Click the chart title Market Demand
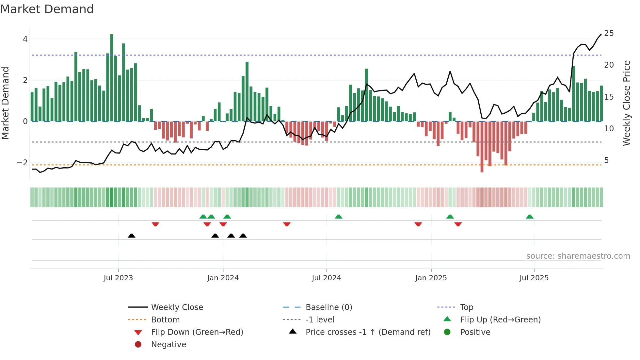click(47, 9)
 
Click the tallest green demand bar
click(112, 78)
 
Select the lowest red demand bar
click(482, 147)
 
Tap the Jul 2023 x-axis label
click(118, 278)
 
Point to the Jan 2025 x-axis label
click(431, 278)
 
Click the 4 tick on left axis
click(25, 39)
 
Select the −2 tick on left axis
click(23, 162)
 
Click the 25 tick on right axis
click(609, 33)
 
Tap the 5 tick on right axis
click(606, 160)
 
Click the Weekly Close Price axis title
click(626, 103)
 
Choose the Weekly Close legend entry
click(177, 307)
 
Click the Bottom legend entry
click(165, 319)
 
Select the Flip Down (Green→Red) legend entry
click(197, 332)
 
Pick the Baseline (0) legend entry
click(328, 307)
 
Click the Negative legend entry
click(168, 344)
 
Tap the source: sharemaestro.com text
click(578, 256)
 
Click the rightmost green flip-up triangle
click(530, 217)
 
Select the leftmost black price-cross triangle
click(131, 236)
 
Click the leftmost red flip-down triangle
click(155, 224)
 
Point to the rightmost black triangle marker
click(243, 236)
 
